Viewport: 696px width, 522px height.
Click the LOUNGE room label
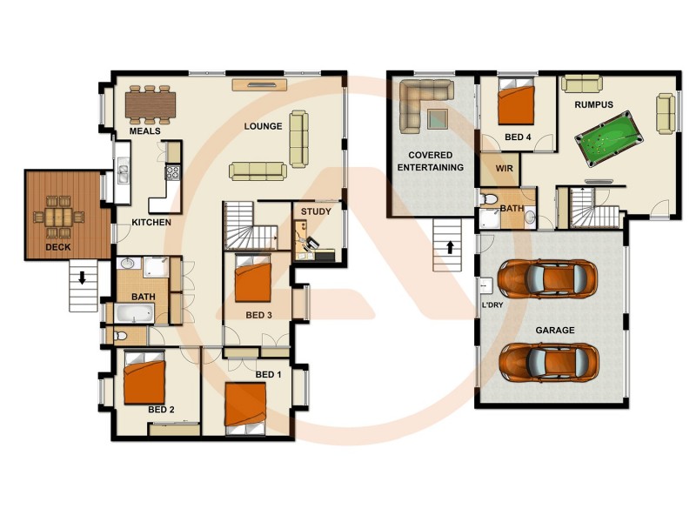coord(263,126)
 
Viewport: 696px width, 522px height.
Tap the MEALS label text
coord(145,131)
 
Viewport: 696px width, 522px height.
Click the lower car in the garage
coord(549,358)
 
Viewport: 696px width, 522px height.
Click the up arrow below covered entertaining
coord(449,246)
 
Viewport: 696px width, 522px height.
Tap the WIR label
coord(505,169)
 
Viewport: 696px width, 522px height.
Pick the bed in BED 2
coord(144,378)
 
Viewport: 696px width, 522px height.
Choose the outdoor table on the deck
coord(58,215)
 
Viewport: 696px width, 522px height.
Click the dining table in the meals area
coord(151,105)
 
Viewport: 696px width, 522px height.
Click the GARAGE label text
coord(554,331)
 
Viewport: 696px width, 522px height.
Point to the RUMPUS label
coord(593,105)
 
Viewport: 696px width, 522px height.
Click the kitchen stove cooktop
coord(172,171)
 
